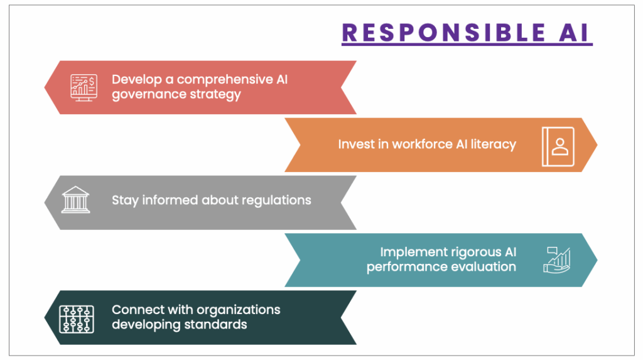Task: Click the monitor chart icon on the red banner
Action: coord(84,87)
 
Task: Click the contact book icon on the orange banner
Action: coord(558,146)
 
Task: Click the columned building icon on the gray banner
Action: coord(75,200)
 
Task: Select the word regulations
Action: coord(276,200)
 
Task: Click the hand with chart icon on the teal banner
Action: coord(557,260)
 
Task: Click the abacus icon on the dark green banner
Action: coord(77,319)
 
